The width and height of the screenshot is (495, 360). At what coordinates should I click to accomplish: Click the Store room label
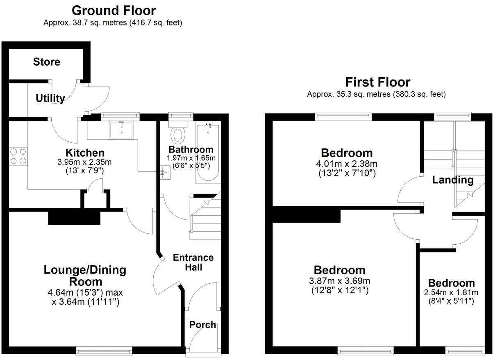(x=47, y=62)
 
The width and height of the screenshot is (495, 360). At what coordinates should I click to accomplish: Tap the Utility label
(x=50, y=98)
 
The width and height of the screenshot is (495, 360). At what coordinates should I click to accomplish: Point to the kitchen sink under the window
(x=121, y=130)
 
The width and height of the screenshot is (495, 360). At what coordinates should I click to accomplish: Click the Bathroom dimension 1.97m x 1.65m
(x=191, y=158)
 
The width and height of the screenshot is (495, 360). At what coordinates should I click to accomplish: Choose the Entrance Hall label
(x=193, y=262)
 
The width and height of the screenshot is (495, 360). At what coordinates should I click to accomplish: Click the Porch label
(x=202, y=325)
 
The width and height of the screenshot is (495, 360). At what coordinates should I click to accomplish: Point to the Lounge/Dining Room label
(x=85, y=276)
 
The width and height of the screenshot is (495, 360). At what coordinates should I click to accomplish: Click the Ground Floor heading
(x=114, y=10)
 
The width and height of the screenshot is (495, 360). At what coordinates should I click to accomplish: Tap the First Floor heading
(x=377, y=82)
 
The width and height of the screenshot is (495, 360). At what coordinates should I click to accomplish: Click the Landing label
(x=453, y=180)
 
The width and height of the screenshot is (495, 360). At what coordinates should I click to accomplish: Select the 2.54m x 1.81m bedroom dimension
(x=451, y=293)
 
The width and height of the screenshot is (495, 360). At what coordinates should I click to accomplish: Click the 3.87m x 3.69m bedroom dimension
(x=340, y=281)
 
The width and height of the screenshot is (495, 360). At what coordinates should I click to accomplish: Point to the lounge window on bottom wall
(x=104, y=350)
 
